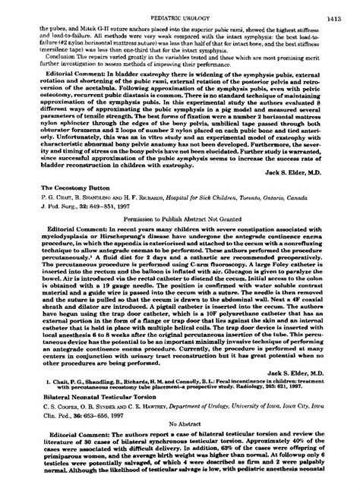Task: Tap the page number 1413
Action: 337,14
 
